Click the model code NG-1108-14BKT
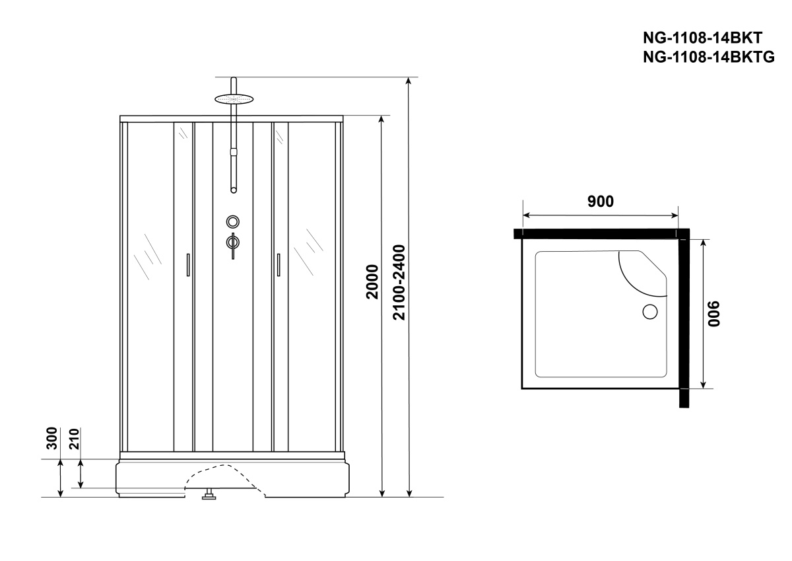[x=702, y=38]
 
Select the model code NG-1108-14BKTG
[x=709, y=57]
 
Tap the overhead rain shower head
[x=234, y=98]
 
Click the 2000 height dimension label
[x=372, y=281]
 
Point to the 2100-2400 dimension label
[x=399, y=282]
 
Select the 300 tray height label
[x=52, y=438]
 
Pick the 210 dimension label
[x=74, y=439]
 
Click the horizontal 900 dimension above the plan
[x=601, y=202]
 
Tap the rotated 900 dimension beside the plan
[x=714, y=314]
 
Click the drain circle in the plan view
[x=650, y=312]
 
